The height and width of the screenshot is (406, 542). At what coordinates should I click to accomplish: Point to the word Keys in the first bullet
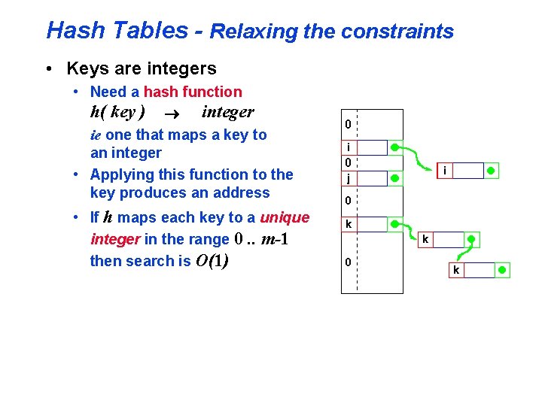[x=85, y=69]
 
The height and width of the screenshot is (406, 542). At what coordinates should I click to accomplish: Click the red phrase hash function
[x=193, y=92]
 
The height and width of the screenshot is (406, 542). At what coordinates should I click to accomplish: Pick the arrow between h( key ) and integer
[x=175, y=114]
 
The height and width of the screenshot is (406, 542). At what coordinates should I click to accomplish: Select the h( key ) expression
[x=117, y=113]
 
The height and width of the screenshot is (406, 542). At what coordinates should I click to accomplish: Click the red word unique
[x=285, y=218]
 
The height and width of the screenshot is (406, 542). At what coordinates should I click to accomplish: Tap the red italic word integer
[x=115, y=240]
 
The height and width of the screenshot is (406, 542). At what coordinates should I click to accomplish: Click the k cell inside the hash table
[x=349, y=224]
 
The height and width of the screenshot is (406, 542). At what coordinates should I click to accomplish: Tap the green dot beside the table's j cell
[x=396, y=179]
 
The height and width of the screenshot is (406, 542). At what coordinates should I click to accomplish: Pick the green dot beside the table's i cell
[x=396, y=147]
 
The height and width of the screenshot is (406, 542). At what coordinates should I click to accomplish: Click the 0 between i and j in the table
[x=348, y=162]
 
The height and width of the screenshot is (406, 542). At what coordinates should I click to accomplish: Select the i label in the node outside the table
[x=445, y=171]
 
